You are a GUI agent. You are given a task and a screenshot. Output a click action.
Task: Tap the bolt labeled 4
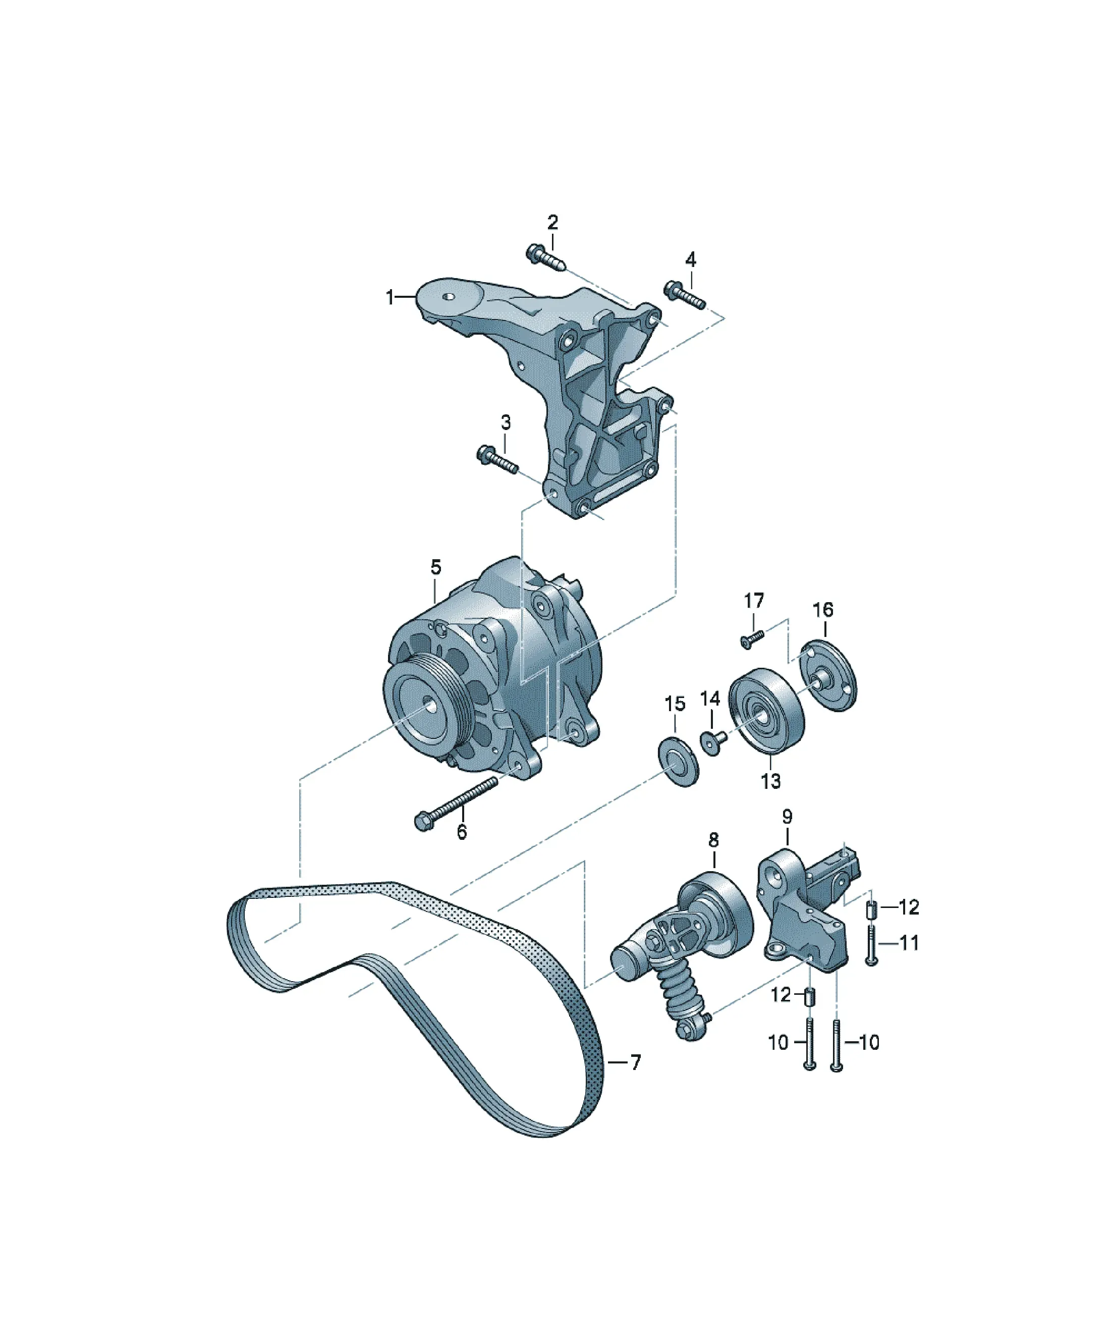(x=684, y=296)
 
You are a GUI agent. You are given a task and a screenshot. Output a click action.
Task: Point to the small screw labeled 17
(x=752, y=638)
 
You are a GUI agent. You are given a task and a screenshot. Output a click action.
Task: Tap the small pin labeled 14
(x=713, y=741)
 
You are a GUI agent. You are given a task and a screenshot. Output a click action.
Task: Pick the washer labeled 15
(x=678, y=762)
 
